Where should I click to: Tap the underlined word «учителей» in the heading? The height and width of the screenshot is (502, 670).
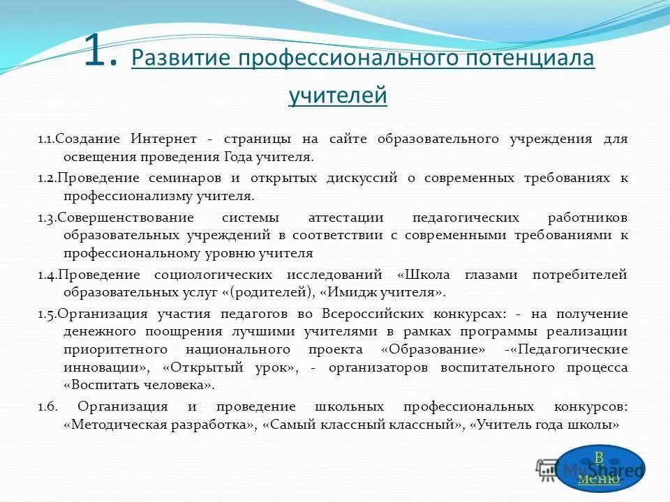click(x=337, y=94)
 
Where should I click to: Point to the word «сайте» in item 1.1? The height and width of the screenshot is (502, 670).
click(x=349, y=139)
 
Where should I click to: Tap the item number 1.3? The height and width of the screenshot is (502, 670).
click(x=47, y=217)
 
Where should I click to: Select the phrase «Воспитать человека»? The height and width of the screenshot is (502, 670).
click(x=139, y=385)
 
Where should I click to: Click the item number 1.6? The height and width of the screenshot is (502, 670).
click(x=47, y=406)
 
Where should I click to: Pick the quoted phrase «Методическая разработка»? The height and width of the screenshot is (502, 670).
click(x=160, y=424)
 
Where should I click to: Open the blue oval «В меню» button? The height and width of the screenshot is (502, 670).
click(x=600, y=468)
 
